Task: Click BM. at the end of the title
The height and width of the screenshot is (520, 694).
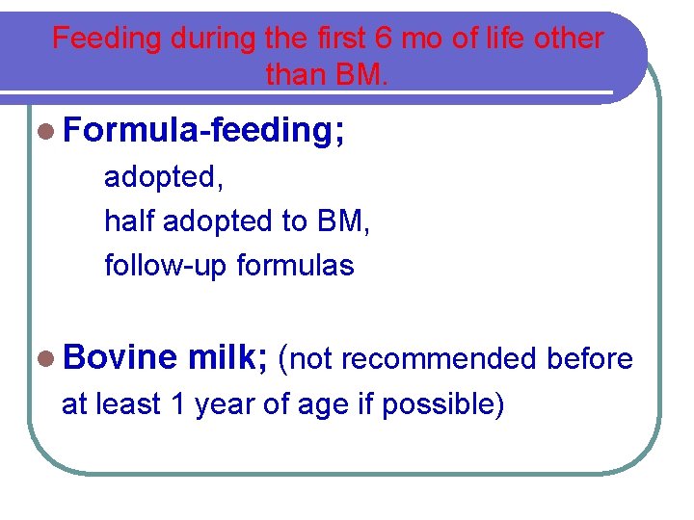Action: click(360, 74)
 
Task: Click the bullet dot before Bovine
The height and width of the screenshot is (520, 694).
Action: click(47, 359)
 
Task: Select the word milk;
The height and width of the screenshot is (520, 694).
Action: click(228, 359)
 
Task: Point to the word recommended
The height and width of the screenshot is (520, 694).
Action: click(440, 359)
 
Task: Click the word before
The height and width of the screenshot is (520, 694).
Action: click(590, 359)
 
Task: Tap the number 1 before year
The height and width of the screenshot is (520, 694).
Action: click(177, 404)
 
